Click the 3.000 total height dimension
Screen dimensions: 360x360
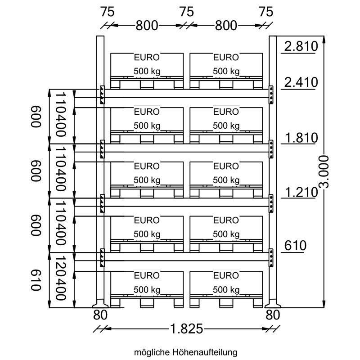click(324, 171)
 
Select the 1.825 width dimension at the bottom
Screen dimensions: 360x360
click(186, 328)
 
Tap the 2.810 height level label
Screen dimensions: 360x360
click(301, 46)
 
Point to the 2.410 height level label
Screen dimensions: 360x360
click(301, 82)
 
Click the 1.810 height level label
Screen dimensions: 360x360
click(301, 138)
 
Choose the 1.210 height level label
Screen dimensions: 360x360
click(301, 192)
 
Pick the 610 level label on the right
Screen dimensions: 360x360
click(295, 245)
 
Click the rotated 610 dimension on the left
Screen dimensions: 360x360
click(36, 280)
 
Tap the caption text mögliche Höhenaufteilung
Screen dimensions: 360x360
click(185, 352)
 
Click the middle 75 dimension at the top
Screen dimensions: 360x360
click(186, 12)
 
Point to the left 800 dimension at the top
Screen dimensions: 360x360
click(147, 26)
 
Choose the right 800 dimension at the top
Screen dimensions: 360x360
click(226, 26)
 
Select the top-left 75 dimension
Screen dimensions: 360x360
click(107, 12)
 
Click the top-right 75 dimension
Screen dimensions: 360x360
click(266, 12)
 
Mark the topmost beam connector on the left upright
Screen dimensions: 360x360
click(102, 95)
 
